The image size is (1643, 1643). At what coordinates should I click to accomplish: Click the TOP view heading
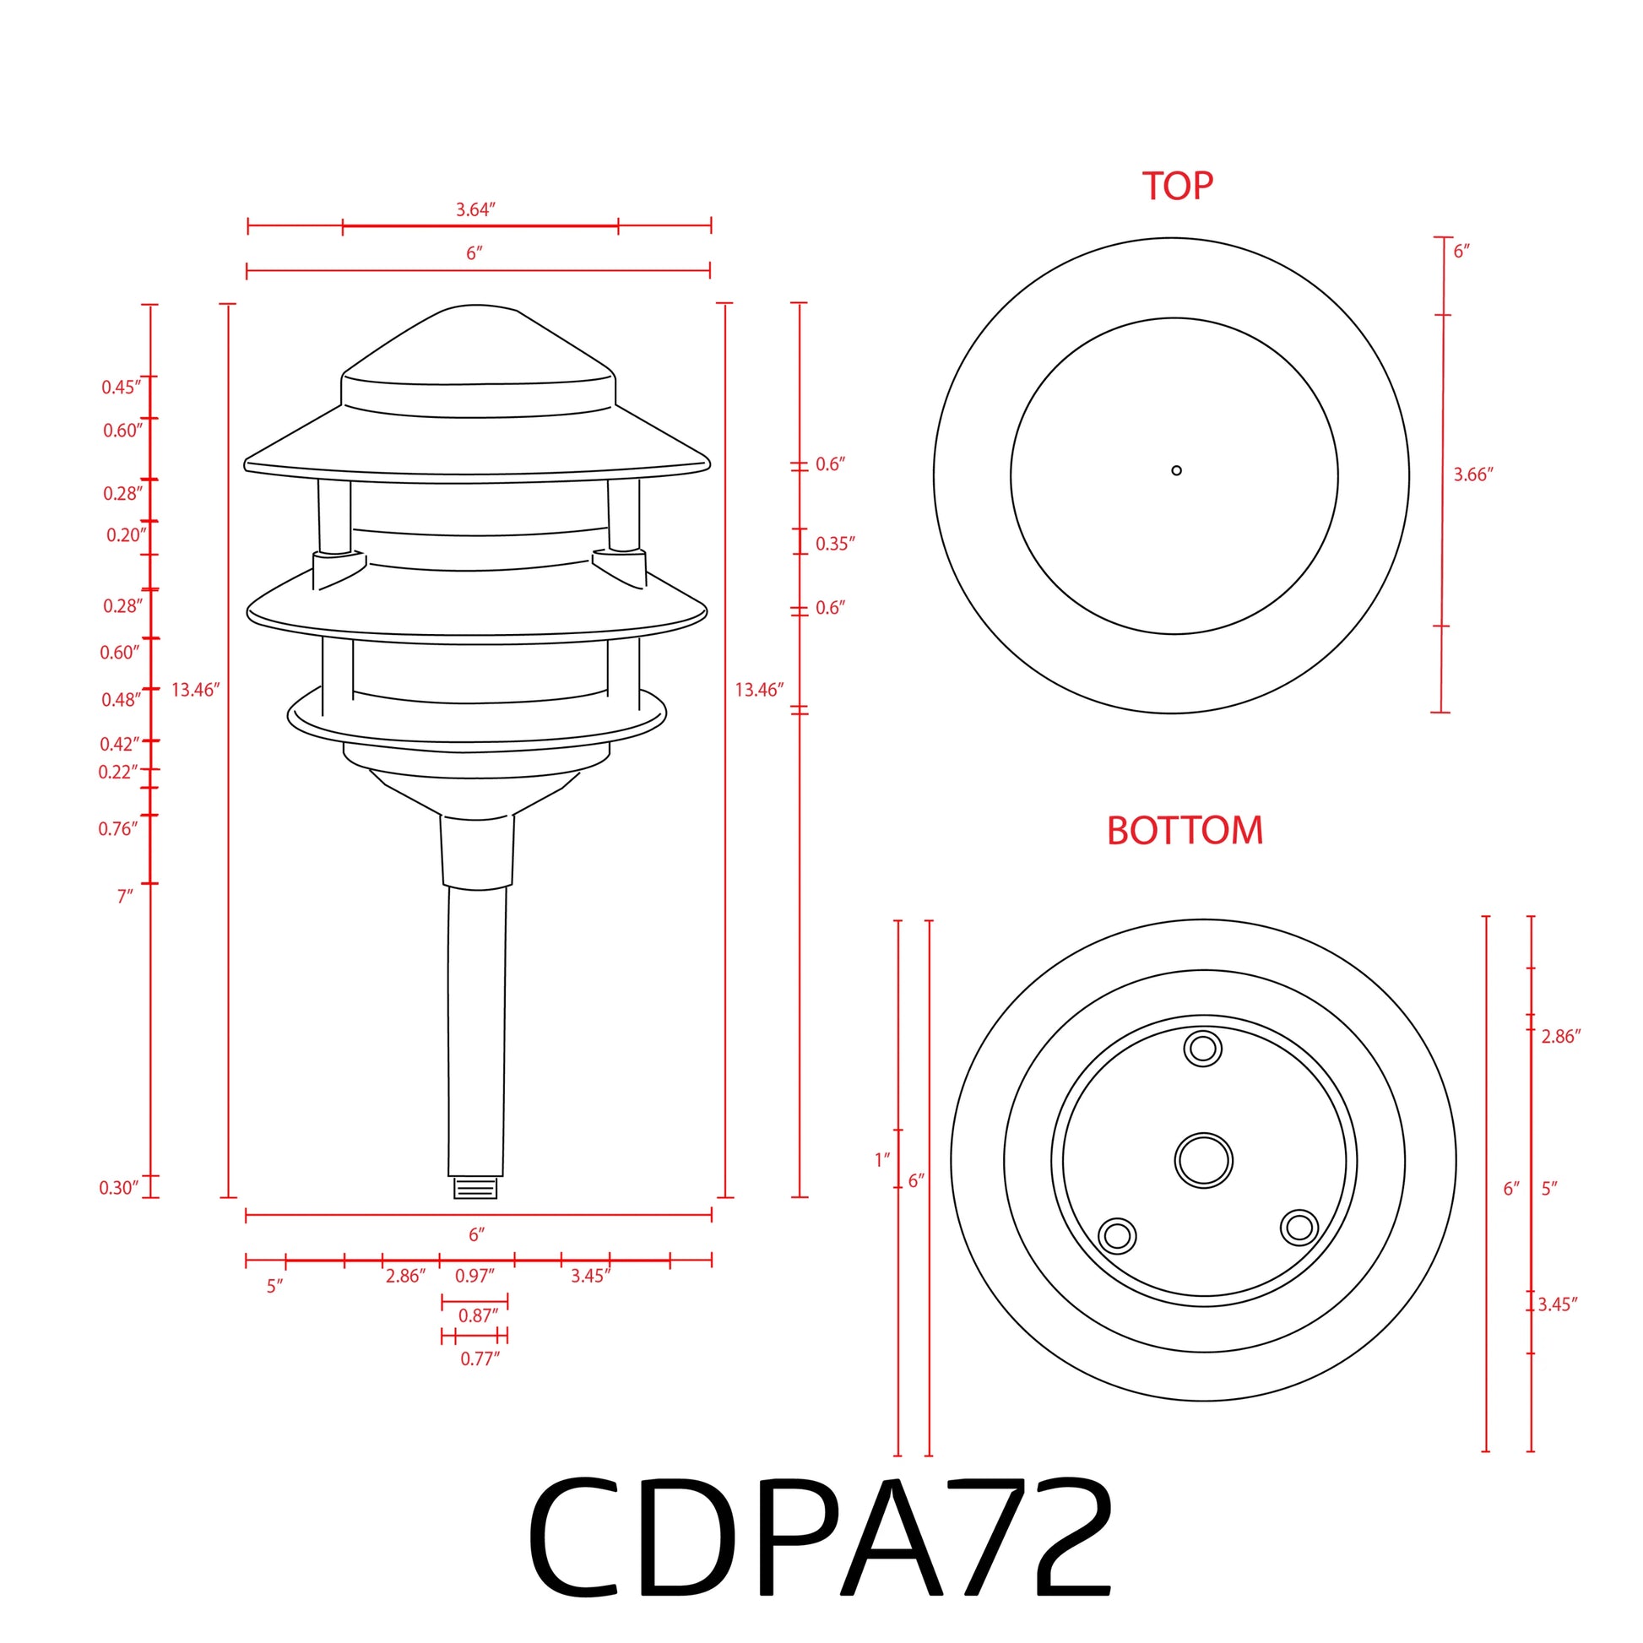1177,187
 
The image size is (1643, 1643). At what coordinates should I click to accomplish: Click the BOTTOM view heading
1185,831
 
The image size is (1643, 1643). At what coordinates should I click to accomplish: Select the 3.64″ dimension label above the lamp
475,209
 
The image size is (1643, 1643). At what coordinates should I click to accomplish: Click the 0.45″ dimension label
121,388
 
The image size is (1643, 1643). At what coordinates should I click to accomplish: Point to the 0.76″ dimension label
117,829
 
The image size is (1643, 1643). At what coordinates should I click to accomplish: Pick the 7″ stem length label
125,897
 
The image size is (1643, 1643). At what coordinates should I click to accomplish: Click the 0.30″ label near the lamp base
118,1188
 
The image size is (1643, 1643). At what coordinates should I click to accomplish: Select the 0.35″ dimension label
835,545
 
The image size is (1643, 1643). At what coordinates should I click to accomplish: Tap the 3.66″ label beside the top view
1473,475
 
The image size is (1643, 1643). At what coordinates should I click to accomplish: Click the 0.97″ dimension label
474,1276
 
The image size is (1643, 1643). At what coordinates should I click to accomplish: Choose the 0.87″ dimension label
478,1315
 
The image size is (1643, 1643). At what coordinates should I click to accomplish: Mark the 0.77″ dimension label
480,1359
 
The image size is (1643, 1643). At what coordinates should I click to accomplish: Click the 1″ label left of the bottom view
882,1160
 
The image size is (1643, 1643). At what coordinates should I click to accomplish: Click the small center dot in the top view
1176,470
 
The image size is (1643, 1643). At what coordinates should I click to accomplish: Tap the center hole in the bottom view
1203,1160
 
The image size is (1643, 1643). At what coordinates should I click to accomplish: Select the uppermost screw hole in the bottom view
1202,1049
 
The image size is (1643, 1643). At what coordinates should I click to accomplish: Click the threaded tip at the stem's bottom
475,1188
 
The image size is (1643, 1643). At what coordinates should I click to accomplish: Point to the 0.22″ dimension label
117,773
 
